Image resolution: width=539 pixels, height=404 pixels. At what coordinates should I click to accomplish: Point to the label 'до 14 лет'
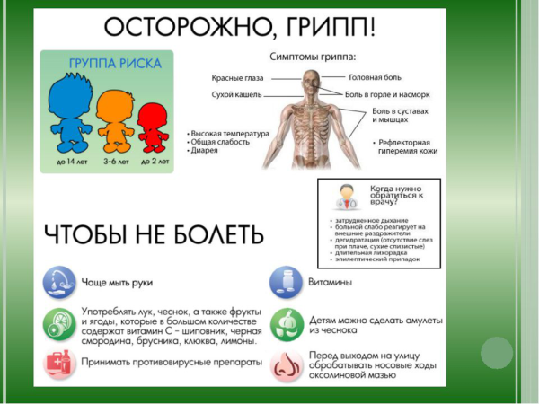[70, 162]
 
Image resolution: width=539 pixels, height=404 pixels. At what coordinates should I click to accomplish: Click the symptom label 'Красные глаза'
[236, 77]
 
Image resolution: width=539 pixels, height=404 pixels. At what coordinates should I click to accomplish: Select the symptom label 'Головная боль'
[376, 77]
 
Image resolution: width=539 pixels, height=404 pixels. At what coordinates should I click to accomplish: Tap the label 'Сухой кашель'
[236, 92]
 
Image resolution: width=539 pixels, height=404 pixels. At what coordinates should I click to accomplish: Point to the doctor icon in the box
[341, 195]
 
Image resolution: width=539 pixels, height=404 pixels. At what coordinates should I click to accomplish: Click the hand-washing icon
[59, 281]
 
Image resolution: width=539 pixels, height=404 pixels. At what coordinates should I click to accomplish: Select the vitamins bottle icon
[285, 282]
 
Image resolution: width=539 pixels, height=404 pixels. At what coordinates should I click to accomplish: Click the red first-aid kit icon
[59, 363]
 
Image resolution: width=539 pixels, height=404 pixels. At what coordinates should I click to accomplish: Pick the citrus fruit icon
[59, 323]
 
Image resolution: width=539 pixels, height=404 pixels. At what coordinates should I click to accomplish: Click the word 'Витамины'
[331, 281]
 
